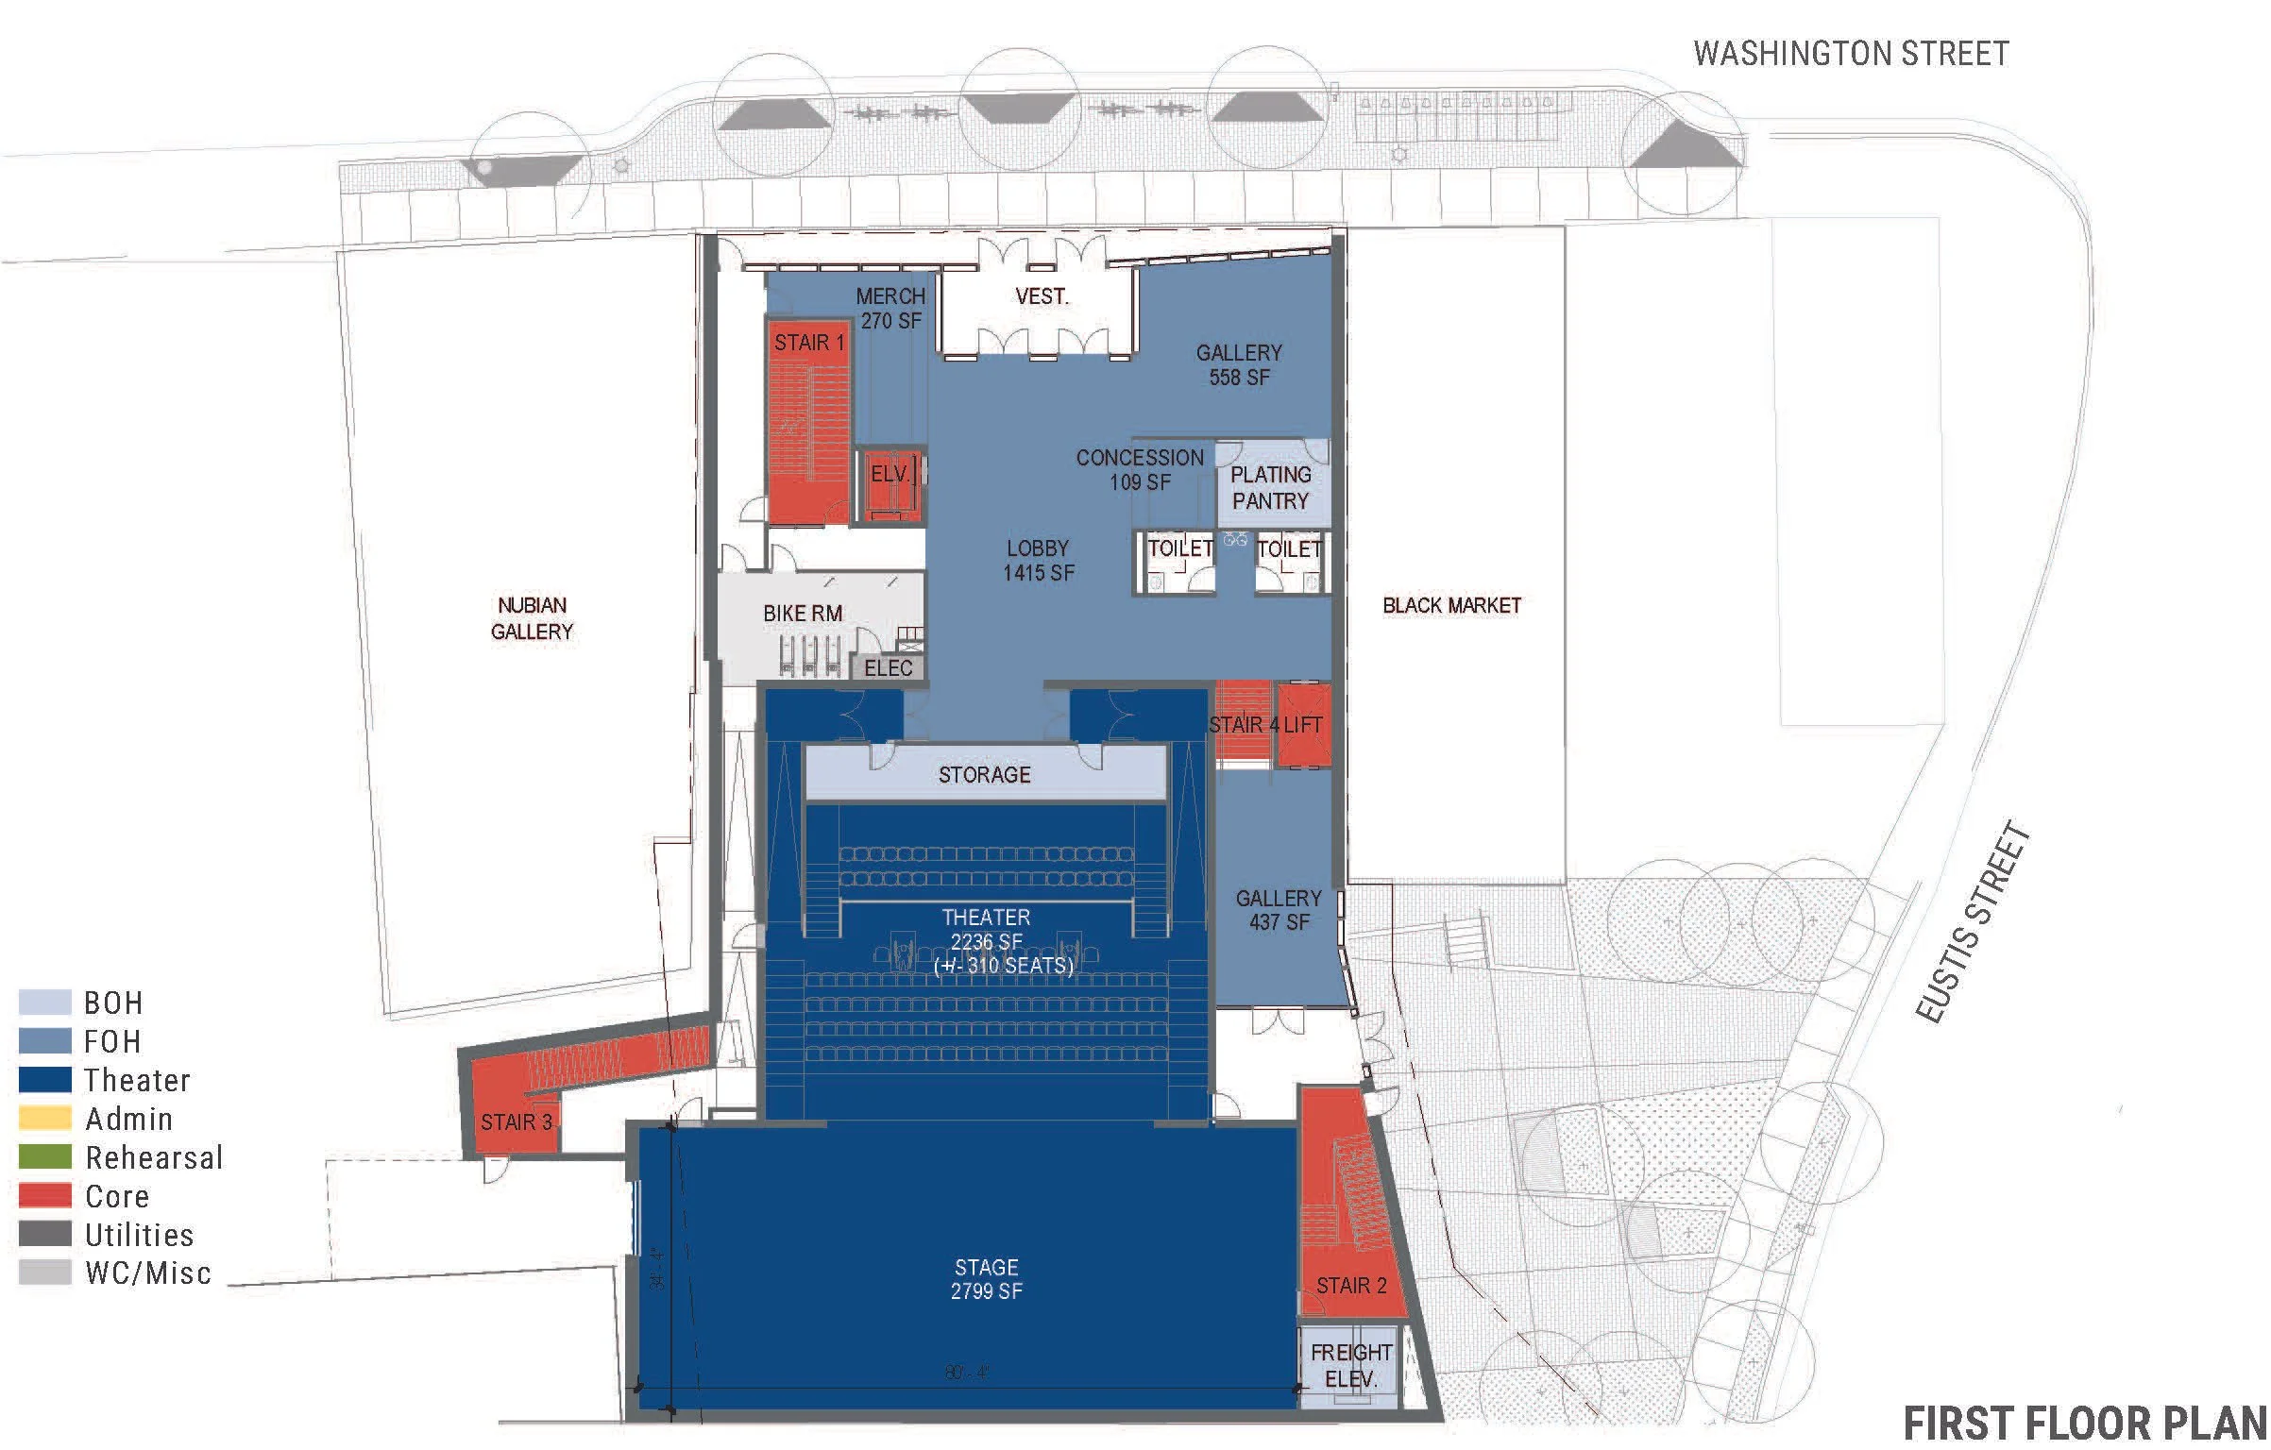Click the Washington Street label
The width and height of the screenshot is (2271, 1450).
coord(1851,54)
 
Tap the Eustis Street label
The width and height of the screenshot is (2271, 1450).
coord(1973,922)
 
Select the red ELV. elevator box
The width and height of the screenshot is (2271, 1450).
coord(890,485)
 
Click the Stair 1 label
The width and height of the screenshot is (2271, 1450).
coord(809,343)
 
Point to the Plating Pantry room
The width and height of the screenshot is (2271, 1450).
coord(1271,488)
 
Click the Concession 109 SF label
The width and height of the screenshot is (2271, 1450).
coord(1140,470)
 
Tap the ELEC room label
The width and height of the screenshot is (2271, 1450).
coord(888,668)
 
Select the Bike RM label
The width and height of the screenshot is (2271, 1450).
coord(803,614)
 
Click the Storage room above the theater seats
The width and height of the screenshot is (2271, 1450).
coord(984,775)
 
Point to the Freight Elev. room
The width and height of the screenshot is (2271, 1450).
coord(1350,1366)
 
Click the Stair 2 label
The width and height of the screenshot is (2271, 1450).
coord(1351,1286)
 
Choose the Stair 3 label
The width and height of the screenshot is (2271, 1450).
coord(516,1122)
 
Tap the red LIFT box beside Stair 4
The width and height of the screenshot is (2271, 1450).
coord(1303,725)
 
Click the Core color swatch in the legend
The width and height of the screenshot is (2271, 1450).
coord(45,1196)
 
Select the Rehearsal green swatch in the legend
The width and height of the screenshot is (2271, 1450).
coord(45,1157)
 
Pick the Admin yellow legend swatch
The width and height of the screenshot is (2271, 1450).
coord(45,1119)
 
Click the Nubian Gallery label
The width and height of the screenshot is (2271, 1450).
coord(532,618)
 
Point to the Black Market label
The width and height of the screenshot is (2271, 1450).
coord(1451,606)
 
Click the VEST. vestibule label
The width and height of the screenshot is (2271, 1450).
coord(1042,296)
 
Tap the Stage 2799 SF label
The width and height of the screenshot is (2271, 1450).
coord(986,1279)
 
